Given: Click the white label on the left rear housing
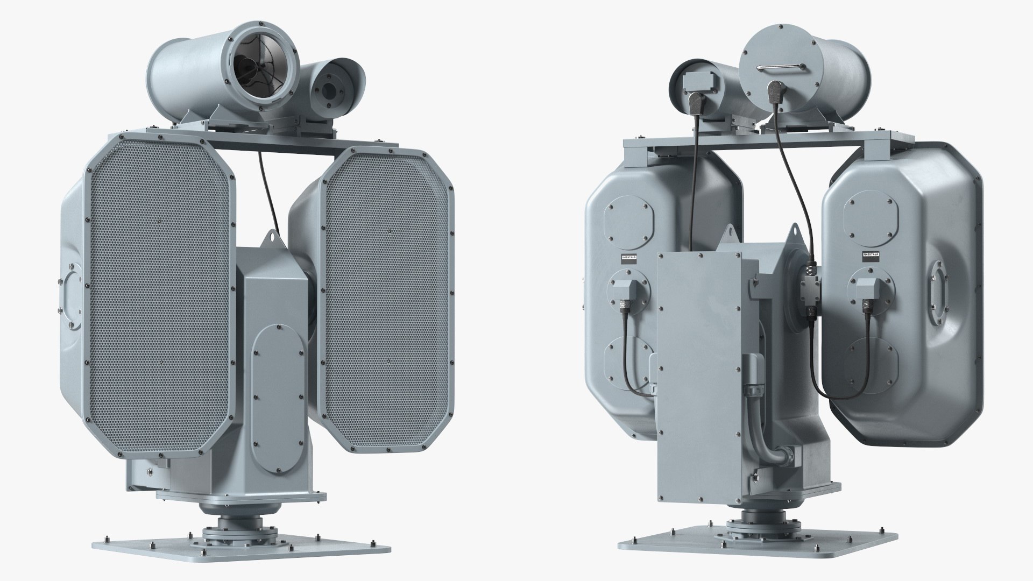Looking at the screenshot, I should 629,258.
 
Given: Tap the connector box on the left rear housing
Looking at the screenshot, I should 625,291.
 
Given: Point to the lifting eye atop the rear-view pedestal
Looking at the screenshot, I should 730,232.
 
